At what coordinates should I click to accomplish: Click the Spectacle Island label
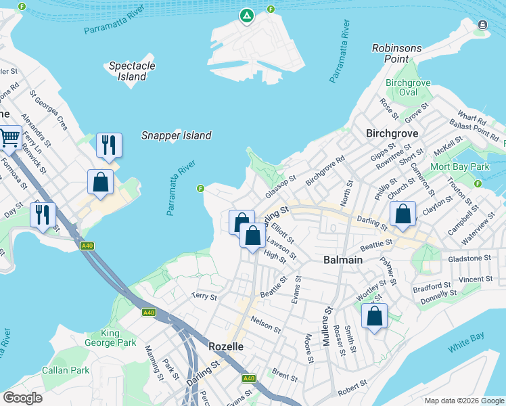[x=132, y=71]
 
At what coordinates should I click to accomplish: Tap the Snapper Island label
[x=176, y=135]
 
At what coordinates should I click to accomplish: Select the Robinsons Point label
[x=397, y=53]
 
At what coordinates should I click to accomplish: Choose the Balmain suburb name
[x=342, y=260]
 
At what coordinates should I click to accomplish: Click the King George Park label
[x=100, y=338]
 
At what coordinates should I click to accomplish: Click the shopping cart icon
[x=9, y=138]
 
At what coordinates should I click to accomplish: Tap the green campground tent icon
[x=246, y=15]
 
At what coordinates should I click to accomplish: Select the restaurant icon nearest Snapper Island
[x=108, y=144]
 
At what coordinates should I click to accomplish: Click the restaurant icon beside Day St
[x=43, y=215]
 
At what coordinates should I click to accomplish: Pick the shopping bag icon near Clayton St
[x=402, y=214]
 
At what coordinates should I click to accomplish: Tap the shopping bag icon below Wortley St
[x=374, y=316]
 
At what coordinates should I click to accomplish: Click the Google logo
[x=23, y=398]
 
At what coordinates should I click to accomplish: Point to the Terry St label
[x=204, y=296]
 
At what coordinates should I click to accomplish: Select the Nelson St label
[x=265, y=323]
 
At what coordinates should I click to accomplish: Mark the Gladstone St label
[x=469, y=258]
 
